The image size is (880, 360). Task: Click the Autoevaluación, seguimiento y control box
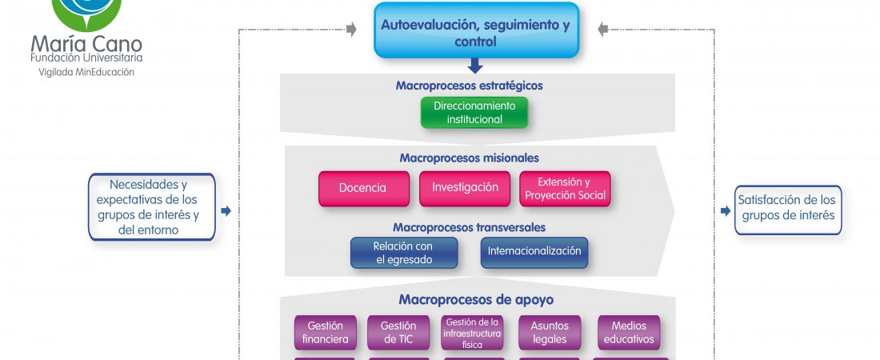[x=476, y=33]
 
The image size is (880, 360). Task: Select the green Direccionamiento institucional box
[x=474, y=113]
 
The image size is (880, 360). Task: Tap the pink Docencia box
[x=362, y=189]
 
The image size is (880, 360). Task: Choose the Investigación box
[x=466, y=188]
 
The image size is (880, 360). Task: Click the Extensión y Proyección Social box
[x=565, y=189]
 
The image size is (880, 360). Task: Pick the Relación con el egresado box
[x=403, y=253]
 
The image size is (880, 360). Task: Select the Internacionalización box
[x=534, y=252]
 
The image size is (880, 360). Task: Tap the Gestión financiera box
[x=325, y=333]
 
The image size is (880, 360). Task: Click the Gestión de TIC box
[x=398, y=333]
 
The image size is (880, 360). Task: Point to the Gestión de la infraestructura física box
[x=473, y=333]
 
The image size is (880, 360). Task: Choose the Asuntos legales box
[x=549, y=333]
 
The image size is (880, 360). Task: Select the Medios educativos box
[x=629, y=333]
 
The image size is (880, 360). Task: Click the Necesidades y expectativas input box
[x=152, y=207]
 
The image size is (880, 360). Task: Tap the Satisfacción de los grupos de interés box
[x=788, y=208]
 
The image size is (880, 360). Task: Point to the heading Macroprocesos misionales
[x=470, y=158]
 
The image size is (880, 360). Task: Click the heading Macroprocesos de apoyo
[x=476, y=300]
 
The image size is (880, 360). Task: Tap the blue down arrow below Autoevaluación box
[x=475, y=66]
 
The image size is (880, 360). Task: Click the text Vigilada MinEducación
[x=86, y=72]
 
